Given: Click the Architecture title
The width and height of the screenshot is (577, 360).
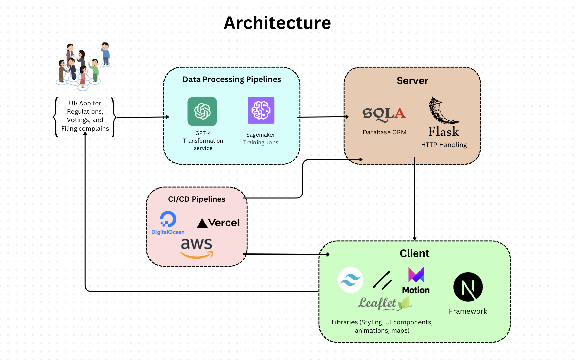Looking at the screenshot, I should point(277,23).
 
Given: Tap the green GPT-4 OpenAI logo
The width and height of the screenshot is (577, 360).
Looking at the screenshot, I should point(202,111).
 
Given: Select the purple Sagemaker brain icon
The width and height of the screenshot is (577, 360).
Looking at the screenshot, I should point(261,110).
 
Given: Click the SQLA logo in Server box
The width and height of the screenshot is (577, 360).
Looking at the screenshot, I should point(384,114).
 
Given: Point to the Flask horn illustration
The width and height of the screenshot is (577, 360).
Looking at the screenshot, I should point(442,111).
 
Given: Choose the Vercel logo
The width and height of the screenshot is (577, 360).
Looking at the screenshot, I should point(218,223).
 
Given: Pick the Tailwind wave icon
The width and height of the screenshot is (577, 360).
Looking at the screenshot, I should point(350,280).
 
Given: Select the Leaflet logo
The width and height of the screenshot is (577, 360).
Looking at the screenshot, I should point(385,303).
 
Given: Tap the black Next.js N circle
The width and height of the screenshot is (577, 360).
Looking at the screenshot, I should point(468,287).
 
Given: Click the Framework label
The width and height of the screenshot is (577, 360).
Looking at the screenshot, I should point(468,311).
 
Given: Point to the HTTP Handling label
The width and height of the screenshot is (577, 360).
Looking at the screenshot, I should point(444,145).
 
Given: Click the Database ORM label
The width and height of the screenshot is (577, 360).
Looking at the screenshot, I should point(384,132).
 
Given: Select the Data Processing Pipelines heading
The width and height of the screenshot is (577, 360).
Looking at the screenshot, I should point(232,79).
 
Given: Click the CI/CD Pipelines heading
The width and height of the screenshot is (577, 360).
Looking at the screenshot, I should point(197,199).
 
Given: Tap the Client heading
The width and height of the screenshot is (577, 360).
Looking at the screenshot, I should point(414,253).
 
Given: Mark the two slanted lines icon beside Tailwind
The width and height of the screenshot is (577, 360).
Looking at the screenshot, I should point(382,280).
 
